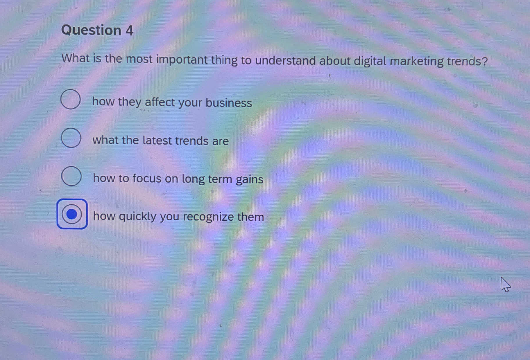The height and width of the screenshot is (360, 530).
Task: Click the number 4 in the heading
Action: (129, 31)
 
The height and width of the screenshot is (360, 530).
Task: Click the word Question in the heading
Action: (91, 30)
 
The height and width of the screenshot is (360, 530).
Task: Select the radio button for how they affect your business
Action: (71, 99)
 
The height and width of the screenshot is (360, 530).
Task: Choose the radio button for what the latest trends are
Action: (71, 138)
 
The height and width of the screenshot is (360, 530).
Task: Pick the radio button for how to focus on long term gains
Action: (71, 176)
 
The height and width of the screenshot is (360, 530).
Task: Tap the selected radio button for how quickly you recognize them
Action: (72, 214)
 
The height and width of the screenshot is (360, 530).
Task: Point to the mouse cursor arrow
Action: (505, 284)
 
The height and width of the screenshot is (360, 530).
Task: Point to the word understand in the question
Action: (285, 61)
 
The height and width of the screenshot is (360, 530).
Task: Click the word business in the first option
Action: (229, 103)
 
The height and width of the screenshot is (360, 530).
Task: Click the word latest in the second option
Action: (157, 141)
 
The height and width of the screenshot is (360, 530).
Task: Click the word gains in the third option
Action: (249, 179)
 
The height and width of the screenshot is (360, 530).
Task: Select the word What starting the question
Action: (75, 59)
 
